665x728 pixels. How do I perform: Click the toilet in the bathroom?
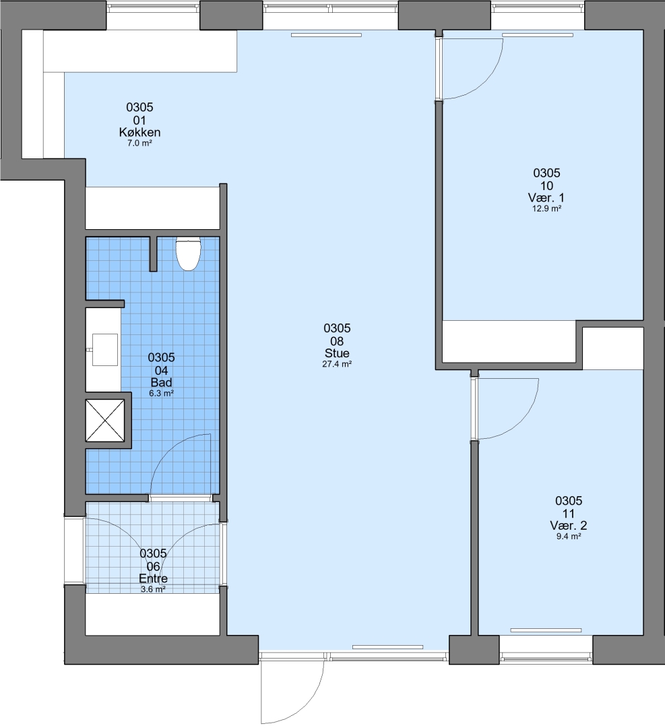tap(188, 253)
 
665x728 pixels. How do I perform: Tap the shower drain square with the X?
tap(105, 421)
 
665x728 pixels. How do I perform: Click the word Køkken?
tap(139, 132)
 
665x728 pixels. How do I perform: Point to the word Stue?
tap(337, 353)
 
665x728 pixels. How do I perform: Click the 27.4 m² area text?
tap(337, 365)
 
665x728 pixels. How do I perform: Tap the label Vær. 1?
tap(546, 198)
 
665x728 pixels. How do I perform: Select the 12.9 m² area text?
tap(546, 209)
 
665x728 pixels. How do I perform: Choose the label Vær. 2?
tap(569, 526)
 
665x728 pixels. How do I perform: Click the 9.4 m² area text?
tap(569, 537)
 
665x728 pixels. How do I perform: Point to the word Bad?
tap(162, 383)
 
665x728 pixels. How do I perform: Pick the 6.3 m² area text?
tap(161, 393)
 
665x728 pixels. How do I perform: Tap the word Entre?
tap(153, 578)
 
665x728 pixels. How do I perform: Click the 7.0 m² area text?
tap(139, 144)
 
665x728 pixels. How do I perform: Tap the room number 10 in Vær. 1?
tap(546, 186)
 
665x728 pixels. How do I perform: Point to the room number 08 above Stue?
tap(337, 341)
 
